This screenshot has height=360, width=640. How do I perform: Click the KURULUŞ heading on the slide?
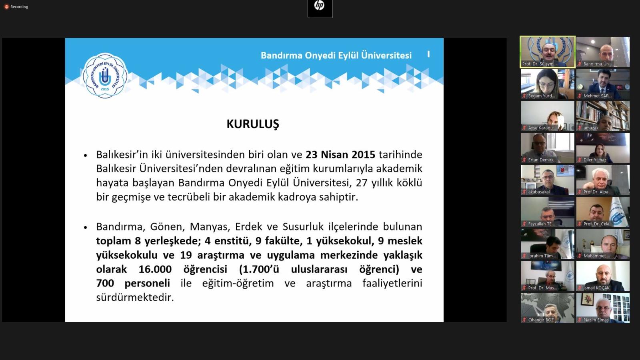coord(253,124)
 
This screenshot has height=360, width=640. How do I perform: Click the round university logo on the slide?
coord(105,76)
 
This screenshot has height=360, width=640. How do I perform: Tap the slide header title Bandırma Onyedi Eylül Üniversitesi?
coord(336,55)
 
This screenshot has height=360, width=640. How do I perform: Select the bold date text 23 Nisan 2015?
coord(340,154)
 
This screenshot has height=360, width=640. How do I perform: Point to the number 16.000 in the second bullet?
coord(155,269)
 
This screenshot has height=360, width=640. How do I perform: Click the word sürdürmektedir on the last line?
coord(135,297)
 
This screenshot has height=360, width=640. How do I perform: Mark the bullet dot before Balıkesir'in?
coord(85,155)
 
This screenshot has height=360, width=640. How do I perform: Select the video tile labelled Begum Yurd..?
coord(548,84)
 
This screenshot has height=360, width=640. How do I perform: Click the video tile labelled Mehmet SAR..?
coord(603,84)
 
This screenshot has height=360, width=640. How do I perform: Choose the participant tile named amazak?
coord(603,116)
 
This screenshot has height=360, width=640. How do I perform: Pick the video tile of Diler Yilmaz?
coord(603,148)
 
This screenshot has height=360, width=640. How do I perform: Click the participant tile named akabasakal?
coord(548,180)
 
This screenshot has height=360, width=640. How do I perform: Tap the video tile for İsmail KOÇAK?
coord(603,276)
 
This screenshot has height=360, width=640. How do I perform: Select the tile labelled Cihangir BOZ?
coord(548,308)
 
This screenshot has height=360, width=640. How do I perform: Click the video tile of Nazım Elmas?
coord(603,308)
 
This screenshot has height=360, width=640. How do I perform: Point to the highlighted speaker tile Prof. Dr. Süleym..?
coord(548,52)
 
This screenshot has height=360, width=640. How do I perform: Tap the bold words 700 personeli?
coord(133,283)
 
